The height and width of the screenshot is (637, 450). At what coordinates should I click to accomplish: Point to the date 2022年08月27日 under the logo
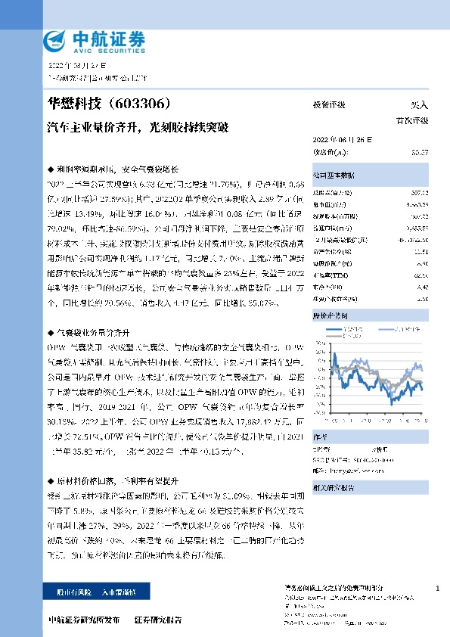tap(79, 67)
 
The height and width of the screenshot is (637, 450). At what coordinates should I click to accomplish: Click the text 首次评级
tap(412, 120)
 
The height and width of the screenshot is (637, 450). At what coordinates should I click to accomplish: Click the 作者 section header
tap(321, 436)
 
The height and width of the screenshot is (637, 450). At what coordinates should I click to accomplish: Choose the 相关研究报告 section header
tap(334, 488)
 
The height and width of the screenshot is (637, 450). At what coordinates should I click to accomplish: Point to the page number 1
tap(438, 588)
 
